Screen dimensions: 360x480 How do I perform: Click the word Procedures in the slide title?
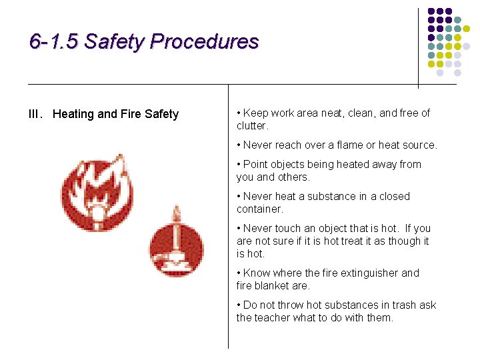click(x=204, y=42)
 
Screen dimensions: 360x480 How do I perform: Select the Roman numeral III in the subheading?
click(x=35, y=114)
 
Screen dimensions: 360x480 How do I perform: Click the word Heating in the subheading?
click(x=73, y=114)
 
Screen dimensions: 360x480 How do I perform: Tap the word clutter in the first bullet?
click(x=251, y=126)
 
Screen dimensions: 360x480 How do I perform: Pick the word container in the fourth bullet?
click(x=259, y=209)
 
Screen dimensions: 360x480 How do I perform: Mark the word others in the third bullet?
click(x=294, y=177)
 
